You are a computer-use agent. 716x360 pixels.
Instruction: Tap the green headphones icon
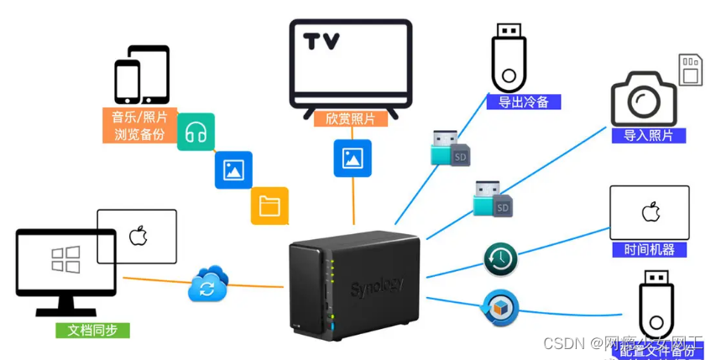pos(196,132)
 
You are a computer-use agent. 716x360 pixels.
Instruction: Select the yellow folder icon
pos(269,206)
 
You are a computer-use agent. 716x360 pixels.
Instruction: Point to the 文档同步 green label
pos(92,330)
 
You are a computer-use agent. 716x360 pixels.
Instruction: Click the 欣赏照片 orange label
pos(351,118)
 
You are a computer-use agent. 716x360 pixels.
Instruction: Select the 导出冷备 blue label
pos(523,102)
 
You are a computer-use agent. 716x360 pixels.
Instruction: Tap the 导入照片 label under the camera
pos(648,135)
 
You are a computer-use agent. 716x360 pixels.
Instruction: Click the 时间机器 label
pos(649,249)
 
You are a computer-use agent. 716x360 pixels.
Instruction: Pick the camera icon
pos(643,98)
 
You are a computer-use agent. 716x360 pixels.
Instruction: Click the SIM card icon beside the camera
pos(691,69)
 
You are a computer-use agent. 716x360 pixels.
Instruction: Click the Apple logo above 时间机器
pos(650,211)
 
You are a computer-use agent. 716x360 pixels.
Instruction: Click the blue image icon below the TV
pos(353,158)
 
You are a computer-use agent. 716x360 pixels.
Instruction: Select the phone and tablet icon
pos(141,76)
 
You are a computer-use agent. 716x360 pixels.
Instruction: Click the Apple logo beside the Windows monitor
pos(138,235)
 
